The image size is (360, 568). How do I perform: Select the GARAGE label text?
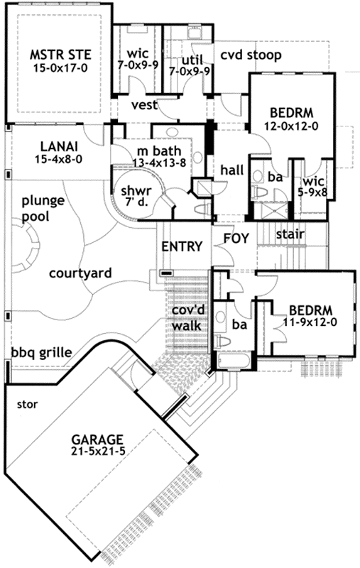coord(97,438)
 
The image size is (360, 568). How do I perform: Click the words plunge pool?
coord(42,207)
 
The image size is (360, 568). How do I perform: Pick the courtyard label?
coord(82,273)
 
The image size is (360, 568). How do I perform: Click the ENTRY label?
coord(183,246)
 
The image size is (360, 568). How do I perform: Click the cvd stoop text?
coord(250,55)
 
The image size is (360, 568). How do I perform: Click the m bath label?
coord(159,152)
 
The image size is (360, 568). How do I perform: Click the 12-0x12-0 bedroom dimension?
coord(290,126)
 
